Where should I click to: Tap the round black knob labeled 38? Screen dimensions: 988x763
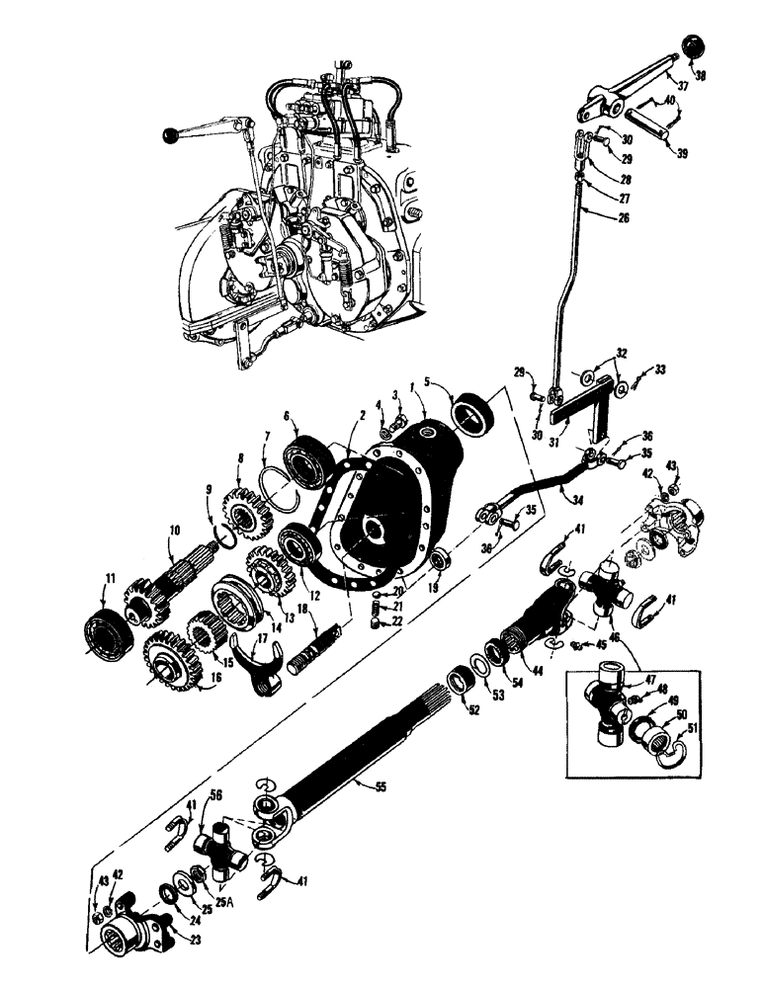click(x=688, y=48)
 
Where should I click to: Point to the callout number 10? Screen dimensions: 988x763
click(x=174, y=531)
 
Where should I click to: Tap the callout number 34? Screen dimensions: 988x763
click(x=576, y=499)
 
